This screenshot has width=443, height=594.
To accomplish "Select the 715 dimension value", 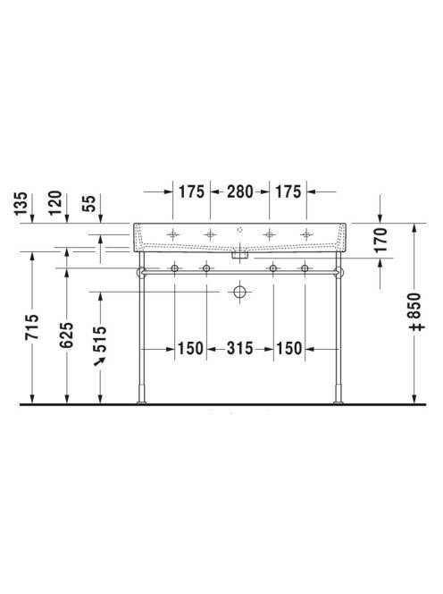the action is tap(32, 327).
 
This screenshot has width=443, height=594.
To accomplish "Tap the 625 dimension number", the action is tap(67, 335).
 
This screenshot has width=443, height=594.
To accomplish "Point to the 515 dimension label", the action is tap(100, 339).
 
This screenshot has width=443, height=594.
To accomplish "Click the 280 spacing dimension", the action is tap(240, 191).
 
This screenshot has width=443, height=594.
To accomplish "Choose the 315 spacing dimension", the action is tap(240, 349).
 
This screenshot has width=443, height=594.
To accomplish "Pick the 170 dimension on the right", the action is tap(380, 240).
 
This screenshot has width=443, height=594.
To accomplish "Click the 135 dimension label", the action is tap(21, 204).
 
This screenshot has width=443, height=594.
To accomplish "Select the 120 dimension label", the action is tap(55, 203).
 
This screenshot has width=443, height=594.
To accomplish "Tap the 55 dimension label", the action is tap(89, 204).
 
